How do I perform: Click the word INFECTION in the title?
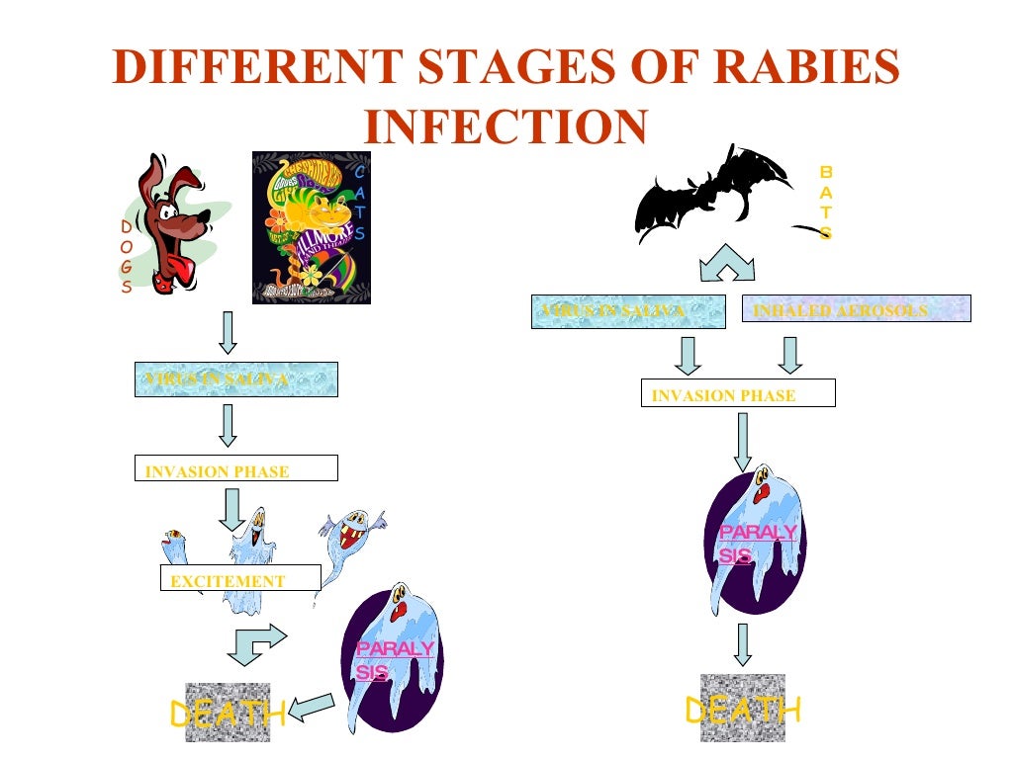pyautogui.click(x=506, y=126)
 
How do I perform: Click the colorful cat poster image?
pyautogui.click(x=311, y=227)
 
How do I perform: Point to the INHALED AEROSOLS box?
pyautogui.click(x=856, y=309)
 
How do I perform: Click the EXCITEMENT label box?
pyautogui.click(x=240, y=580)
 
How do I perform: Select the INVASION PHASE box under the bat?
pyautogui.click(x=738, y=394)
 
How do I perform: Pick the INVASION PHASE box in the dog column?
pyautogui.click(x=235, y=469)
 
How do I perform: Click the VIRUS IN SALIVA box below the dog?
pyautogui.click(x=235, y=379)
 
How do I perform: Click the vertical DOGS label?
pyautogui.click(x=127, y=256)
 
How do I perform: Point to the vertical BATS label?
pyautogui.click(x=826, y=203)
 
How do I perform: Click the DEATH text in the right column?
pyautogui.click(x=742, y=710)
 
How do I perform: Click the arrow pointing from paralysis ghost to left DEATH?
pyautogui.click(x=312, y=707)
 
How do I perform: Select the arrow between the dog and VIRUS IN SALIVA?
pyautogui.click(x=228, y=334)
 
